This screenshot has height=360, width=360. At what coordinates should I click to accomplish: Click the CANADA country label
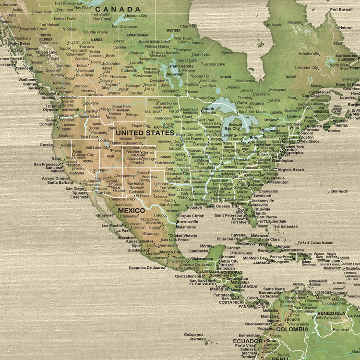(118, 9)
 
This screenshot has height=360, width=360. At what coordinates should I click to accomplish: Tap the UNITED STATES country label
(144, 133)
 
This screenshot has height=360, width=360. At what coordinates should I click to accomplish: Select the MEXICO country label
(131, 210)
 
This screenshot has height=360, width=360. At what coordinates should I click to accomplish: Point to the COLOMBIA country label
(291, 329)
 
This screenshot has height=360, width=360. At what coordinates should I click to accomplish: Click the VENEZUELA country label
(331, 313)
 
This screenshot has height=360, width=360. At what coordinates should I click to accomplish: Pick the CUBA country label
(265, 244)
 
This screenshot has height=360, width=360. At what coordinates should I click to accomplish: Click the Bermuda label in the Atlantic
(339, 191)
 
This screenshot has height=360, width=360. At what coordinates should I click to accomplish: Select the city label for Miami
(263, 226)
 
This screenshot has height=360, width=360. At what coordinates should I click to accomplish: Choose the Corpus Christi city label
(191, 216)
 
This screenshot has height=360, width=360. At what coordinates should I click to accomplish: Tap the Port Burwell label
(341, 9)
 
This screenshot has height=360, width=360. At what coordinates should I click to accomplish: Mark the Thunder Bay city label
(204, 98)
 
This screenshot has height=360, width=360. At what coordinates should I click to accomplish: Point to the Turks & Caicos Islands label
(315, 242)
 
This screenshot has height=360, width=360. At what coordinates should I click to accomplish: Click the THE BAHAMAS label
(283, 227)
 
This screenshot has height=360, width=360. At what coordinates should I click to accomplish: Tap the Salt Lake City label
(97, 147)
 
